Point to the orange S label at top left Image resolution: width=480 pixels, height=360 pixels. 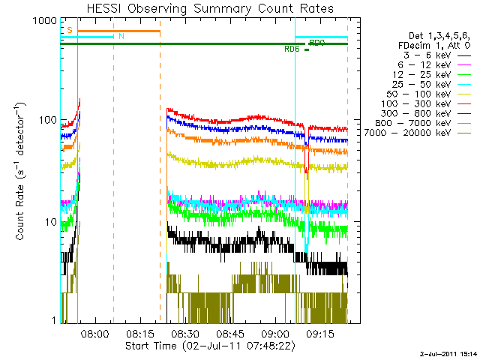click(69, 29)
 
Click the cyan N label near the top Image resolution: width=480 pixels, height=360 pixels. click(121, 36)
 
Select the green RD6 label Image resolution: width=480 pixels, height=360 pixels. click(292, 49)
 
